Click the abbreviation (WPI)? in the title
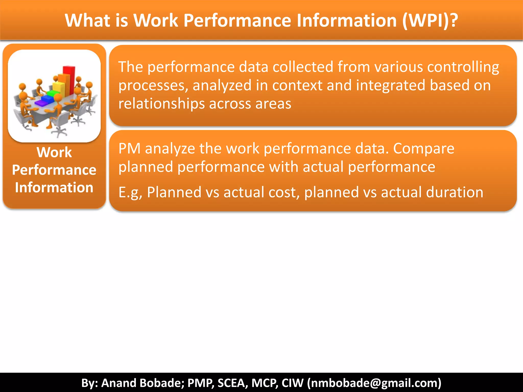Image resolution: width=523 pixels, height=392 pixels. point(430,20)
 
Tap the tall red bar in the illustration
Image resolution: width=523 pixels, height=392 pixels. point(69,77)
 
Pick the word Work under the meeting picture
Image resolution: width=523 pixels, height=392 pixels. point(54,152)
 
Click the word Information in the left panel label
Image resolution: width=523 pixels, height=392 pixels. point(54,188)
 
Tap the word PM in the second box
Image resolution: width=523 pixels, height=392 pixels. point(129,149)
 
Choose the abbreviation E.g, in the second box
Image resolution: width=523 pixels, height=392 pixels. point(130,192)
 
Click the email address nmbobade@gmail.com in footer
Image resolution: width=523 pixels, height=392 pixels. point(374,383)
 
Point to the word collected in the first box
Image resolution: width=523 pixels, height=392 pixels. point(303,67)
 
